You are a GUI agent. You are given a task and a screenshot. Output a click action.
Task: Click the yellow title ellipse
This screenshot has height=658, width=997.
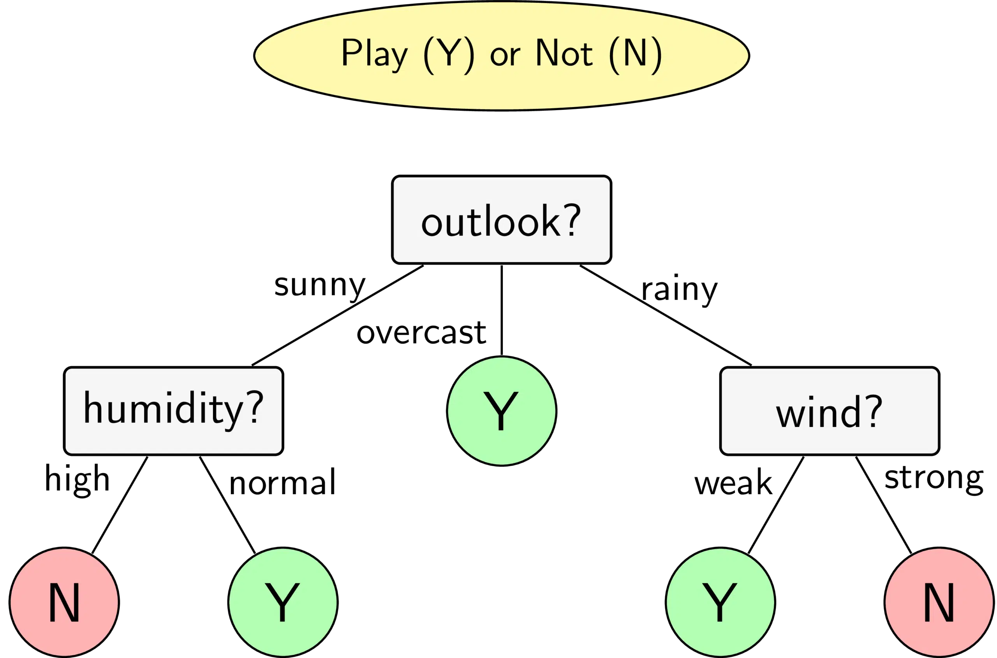pyautogui.click(x=502, y=56)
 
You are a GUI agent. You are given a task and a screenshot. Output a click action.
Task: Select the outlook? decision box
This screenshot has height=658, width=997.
pyautogui.click(x=502, y=220)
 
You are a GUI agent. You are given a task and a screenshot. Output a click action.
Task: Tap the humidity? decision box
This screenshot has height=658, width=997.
pyautogui.click(x=173, y=411)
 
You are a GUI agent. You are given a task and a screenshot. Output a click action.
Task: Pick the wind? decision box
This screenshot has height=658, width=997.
pyautogui.click(x=830, y=411)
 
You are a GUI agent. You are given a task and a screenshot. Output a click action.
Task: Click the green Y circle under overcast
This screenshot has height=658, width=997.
pyautogui.click(x=502, y=411)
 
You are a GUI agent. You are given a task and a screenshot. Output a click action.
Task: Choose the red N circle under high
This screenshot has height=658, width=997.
pyautogui.click(x=64, y=603)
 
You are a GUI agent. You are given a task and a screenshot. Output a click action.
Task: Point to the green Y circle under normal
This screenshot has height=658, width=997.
pyautogui.click(x=283, y=603)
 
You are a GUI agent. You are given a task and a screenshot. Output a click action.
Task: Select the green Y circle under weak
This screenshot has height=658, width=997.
pyautogui.click(x=720, y=603)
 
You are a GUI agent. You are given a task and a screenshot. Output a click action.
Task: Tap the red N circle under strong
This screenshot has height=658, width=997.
pyautogui.click(x=939, y=603)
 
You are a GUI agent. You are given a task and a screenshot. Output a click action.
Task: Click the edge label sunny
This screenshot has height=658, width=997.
pyautogui.click(x=320, y=287)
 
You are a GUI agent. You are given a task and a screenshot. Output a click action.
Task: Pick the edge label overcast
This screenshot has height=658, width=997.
pyautogui.click(x=421, y=333)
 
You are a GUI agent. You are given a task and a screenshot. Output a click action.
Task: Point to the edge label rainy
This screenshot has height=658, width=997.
pyautogui.click(x=680, y=290)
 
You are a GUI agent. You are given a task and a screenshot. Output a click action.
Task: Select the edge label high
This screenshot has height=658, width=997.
pyautogui.click(x=77, y=480)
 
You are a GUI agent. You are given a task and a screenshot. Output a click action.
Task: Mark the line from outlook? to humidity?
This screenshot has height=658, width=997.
pyautogui.click(x=338, y=315)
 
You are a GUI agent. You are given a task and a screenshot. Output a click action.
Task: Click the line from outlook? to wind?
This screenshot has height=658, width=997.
pyautogui.click(x=666, y=315)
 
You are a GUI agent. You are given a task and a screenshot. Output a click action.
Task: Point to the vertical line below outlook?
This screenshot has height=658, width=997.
pyautogui.click(x=502, y=310)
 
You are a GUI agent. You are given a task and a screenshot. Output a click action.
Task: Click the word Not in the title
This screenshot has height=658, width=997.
pyautogui.click(x=564, y=53)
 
